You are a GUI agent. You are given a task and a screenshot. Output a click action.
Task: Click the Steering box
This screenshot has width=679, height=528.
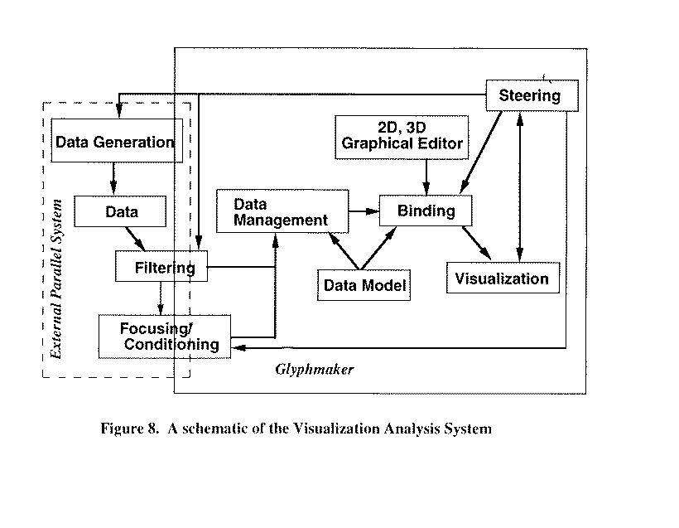coord(530,95)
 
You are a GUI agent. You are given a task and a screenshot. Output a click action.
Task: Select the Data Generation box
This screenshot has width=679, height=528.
coord(114,141)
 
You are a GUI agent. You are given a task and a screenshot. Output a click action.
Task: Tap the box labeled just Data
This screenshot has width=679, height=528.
coord(122,211)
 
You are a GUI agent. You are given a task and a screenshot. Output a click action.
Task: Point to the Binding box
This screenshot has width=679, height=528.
coord(426,211)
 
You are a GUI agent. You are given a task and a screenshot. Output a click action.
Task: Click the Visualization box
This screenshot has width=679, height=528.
coord(502,279)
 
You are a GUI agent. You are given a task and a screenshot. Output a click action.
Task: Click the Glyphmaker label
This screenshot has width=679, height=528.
coord(314,370)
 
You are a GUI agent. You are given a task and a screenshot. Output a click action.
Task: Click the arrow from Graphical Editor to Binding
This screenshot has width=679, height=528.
coord(426,175)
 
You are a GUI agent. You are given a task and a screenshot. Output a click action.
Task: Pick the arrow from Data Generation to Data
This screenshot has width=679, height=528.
coord(113,178)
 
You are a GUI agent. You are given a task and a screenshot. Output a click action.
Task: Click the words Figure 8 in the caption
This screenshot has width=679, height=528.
coord(128,429)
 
